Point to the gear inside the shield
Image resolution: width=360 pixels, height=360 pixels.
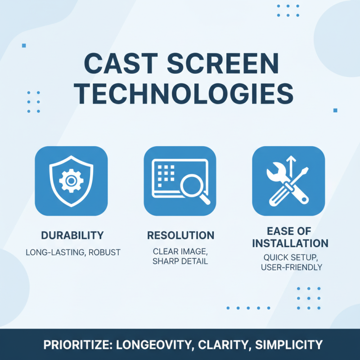pyautogui.click(x=71, y=180)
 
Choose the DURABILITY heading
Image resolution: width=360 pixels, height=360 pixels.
pyautogui.click(x=72, y=235)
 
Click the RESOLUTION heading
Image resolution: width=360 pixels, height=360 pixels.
pyautogui.click(x=180, y=235)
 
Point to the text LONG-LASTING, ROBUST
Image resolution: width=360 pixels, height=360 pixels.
pyautogui.click(x=72, y=252)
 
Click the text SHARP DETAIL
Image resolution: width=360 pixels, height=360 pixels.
pyautogui.click(x=180, y=261)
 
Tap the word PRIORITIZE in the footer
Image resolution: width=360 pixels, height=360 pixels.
pyautogui.click(x=77, y=345)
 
